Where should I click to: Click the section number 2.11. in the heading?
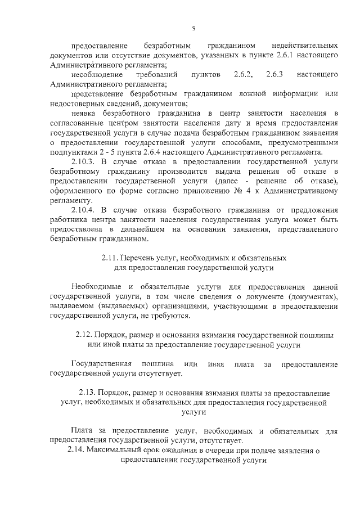(110, 259)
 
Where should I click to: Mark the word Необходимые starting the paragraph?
(96, 286)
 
